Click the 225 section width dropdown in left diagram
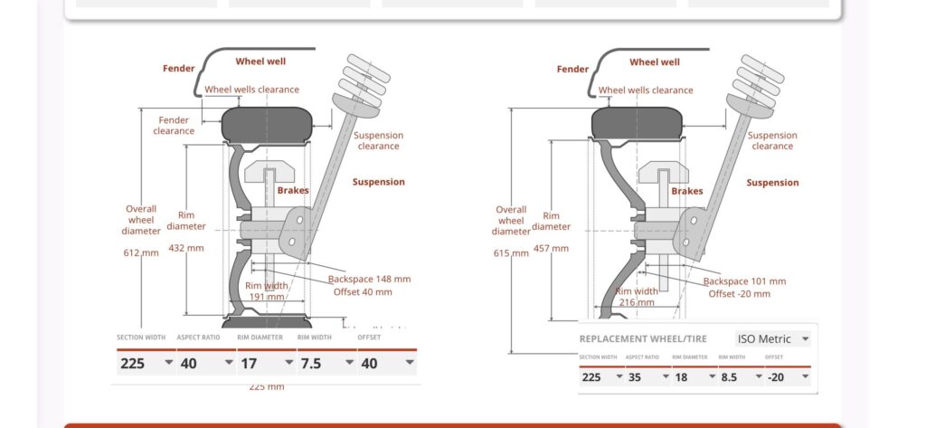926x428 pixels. (x=145, y=363)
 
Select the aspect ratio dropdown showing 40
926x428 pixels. (x=205, y=363)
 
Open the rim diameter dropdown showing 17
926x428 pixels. (x=266, y=363)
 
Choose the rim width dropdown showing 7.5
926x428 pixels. (x=326, y=363)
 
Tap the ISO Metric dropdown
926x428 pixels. (x=772, y=338)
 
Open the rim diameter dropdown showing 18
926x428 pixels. (x=691, y=376)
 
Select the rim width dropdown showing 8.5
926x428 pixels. (x=739, y=376)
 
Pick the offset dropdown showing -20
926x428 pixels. (x=786, y=376)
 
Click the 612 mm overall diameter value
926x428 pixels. (x=141, y=252)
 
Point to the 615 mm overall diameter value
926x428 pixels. (x=511, y=253)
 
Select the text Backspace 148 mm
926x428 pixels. (x=369, y=279)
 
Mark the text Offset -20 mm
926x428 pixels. (x=739, y=293)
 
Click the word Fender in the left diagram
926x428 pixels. (x=179, y=68)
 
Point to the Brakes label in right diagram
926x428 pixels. (x=686, y=191)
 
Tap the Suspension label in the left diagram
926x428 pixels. (x=378, y=182)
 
